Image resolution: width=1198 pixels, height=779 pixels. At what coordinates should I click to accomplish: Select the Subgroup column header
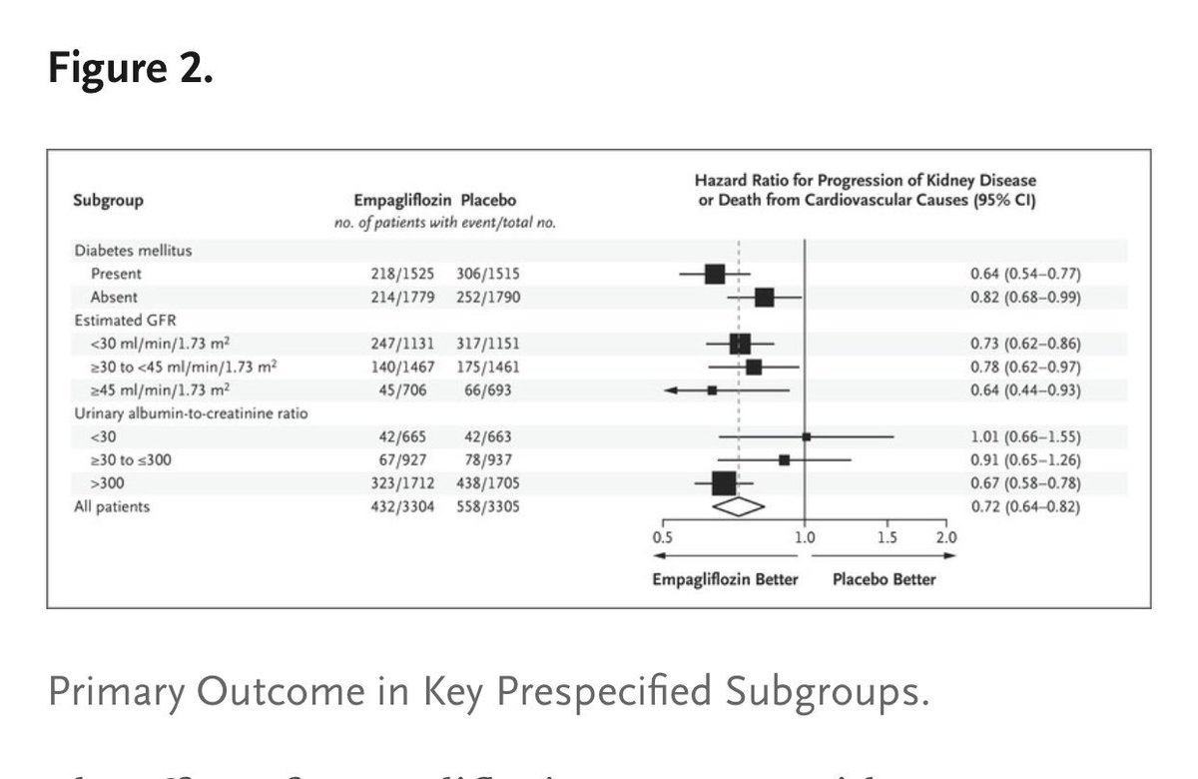tap(108, 200)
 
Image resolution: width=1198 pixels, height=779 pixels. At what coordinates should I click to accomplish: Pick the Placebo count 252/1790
tap(486, 297)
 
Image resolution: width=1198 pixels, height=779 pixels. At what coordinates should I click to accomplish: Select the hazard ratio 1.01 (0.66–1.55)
tap(1025, 436)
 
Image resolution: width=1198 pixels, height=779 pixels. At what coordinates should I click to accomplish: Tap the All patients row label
tap(111, 506)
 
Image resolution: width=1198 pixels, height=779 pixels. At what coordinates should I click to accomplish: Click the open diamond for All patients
tap(737, 506)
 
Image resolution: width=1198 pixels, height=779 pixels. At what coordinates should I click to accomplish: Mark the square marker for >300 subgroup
tap(724, 483)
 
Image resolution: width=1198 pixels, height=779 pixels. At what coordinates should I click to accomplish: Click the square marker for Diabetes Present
tap(715, 274)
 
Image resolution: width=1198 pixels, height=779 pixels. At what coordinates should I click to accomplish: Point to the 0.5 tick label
tap(662, 536)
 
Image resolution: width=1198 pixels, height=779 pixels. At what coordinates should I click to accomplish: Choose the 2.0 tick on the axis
tap(945, 536)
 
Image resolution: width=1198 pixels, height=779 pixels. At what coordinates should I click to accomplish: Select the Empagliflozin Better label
tap(725, 579)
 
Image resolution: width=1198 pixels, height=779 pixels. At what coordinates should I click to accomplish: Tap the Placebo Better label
tap(885, 579)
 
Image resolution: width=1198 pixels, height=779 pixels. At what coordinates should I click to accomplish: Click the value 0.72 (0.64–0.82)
tap(1025, 506)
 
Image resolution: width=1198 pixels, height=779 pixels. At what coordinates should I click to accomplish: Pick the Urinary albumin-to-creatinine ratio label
tap(190, 413)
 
